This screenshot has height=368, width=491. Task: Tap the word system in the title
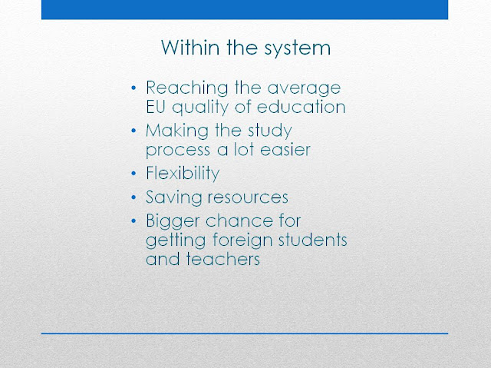(298, 48)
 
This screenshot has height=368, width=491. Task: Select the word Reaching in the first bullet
(187, 88)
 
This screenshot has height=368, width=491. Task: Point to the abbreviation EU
(156, 107)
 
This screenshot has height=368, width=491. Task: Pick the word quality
(201, 108)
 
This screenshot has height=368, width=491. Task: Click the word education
(302, 107)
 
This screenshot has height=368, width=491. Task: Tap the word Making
(177, 131)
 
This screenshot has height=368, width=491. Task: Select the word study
(270, 131)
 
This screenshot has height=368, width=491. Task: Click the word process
(178, 150)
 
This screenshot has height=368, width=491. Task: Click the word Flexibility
(183, 174)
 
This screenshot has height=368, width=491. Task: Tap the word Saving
(174, 197)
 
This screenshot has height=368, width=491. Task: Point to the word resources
(248, 197)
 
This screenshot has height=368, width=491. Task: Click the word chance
(239, 220)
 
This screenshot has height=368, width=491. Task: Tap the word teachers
(223, 259)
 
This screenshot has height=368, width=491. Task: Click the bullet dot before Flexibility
(133, 174)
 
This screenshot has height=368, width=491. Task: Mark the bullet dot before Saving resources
(133, 197)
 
